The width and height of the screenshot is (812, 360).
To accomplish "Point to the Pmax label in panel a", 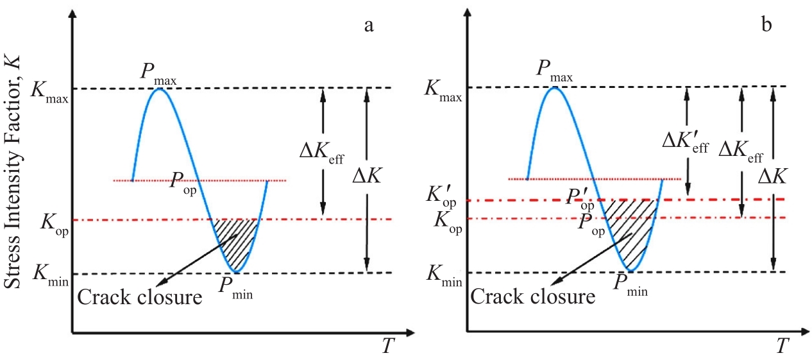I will (x=158, y=73).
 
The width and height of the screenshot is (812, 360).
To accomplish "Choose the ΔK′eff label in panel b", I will (x=686, y=145).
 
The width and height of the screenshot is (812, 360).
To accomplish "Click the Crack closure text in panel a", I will (x=139, y=297).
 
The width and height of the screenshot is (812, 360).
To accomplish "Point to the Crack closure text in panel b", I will (x=533, y=297).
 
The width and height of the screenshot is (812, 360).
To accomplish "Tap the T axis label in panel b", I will (x=781, y=347).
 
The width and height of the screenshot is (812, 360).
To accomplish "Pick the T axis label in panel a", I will (x=388, y=347).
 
